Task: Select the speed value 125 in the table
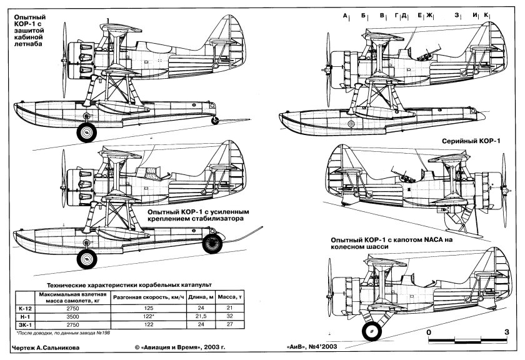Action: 148,307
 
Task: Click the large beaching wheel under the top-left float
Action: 86,132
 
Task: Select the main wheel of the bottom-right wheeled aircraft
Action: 371,330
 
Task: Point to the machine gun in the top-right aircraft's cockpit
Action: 422,52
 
